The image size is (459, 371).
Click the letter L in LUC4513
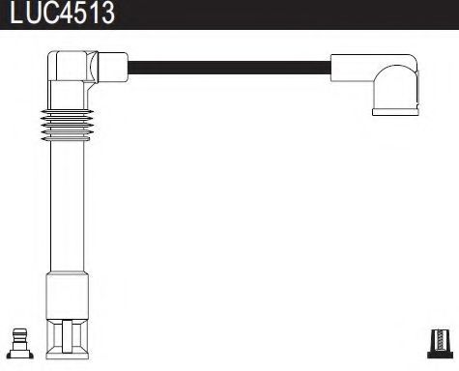[13, 14]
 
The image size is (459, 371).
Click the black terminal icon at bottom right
[439, 344]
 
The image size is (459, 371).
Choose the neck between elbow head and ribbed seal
[67, 101]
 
